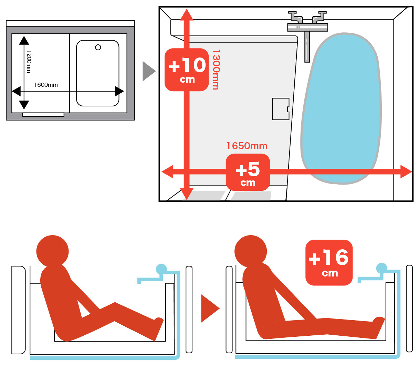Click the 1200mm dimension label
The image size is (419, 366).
[x=29, y=62]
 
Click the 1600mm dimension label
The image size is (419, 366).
[x=46, y=85]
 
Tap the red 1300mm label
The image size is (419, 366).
[x=216, y=70]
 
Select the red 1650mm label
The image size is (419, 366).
[x=247, y=146]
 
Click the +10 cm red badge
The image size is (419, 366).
[x=187, y=70]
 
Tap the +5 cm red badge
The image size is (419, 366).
[x=248, y=172]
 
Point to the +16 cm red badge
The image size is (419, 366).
[x=329, y=262]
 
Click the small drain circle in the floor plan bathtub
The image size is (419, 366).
[x=98, y=47]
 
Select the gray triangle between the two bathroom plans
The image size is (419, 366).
[x=149, y=71]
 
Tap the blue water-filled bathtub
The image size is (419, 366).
[x=341, y=108]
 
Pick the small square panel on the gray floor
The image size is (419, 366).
[x=281, y=109]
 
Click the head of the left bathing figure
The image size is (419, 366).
[x=52, y=251]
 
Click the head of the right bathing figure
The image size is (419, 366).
[x=251, y=251]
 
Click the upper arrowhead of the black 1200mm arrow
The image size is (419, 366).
[x=24, y=40]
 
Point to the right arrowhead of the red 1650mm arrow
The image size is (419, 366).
[x=406, y=171]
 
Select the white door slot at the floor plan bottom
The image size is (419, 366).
[x=43, y=115]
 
